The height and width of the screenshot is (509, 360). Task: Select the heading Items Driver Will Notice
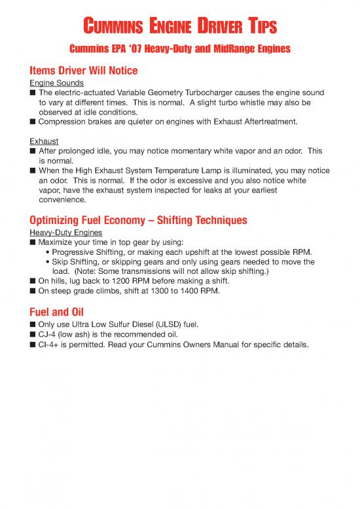pyautogui.click(x=83, y=71)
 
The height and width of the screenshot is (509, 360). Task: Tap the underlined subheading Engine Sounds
pyautogui.click(x=56, y=83)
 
